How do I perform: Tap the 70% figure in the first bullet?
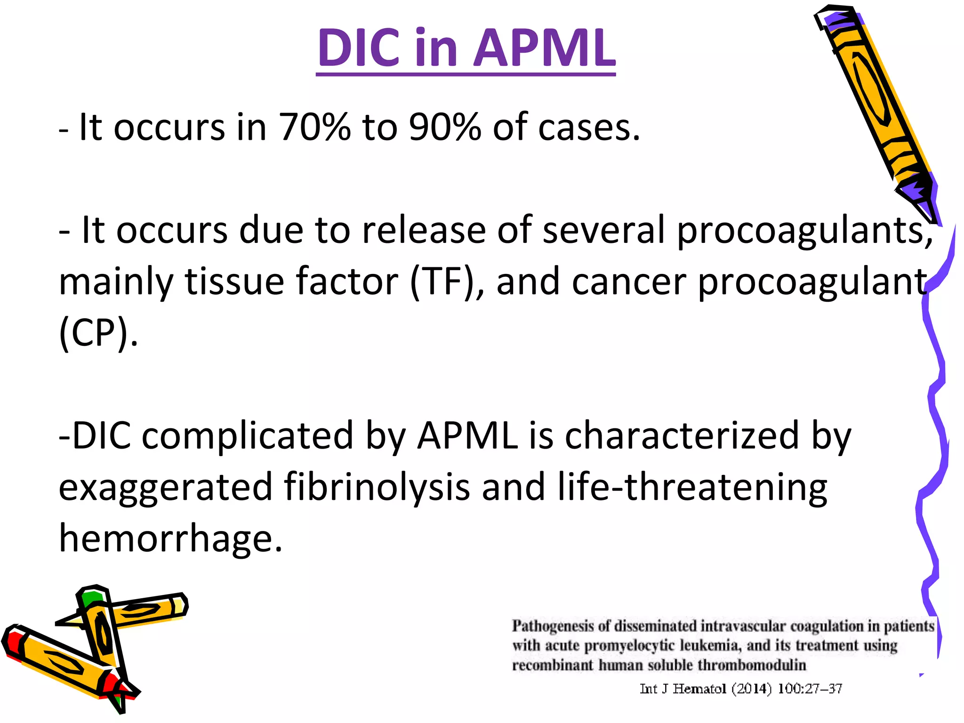[314, 127]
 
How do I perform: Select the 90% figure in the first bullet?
[445, 127]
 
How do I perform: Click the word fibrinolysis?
[377, 487]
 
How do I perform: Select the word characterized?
[682, 436]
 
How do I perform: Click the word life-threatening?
[692, 487]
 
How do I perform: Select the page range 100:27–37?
[810, 689]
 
